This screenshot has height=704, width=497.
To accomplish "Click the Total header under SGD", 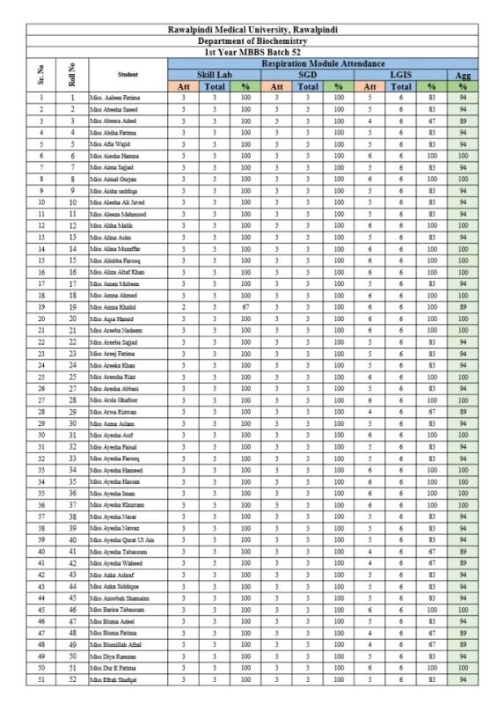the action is (308, 86).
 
